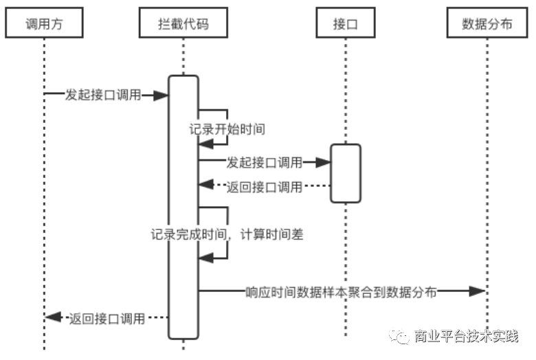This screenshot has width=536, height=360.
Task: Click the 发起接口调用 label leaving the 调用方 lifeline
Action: [103, 95]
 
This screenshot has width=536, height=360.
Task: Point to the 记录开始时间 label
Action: [227, 128]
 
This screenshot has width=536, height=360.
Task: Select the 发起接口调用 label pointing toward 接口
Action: [265, 162]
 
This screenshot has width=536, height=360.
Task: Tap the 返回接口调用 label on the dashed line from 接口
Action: [265, 185]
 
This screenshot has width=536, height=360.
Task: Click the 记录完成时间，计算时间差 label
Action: [227, 234]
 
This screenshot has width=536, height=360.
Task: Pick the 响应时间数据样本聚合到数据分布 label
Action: [341, 291]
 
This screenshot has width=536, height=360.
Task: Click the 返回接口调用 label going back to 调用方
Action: [107, 317]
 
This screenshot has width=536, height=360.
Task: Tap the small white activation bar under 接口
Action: [345, 173]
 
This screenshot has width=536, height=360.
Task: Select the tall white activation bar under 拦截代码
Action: [183, 206]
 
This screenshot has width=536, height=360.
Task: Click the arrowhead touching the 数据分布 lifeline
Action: [478, 291]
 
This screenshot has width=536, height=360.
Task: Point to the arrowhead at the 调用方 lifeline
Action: [52, 317]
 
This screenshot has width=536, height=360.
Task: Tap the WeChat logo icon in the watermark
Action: [399, 335]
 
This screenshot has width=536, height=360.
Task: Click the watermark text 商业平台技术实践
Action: [466, 336]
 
